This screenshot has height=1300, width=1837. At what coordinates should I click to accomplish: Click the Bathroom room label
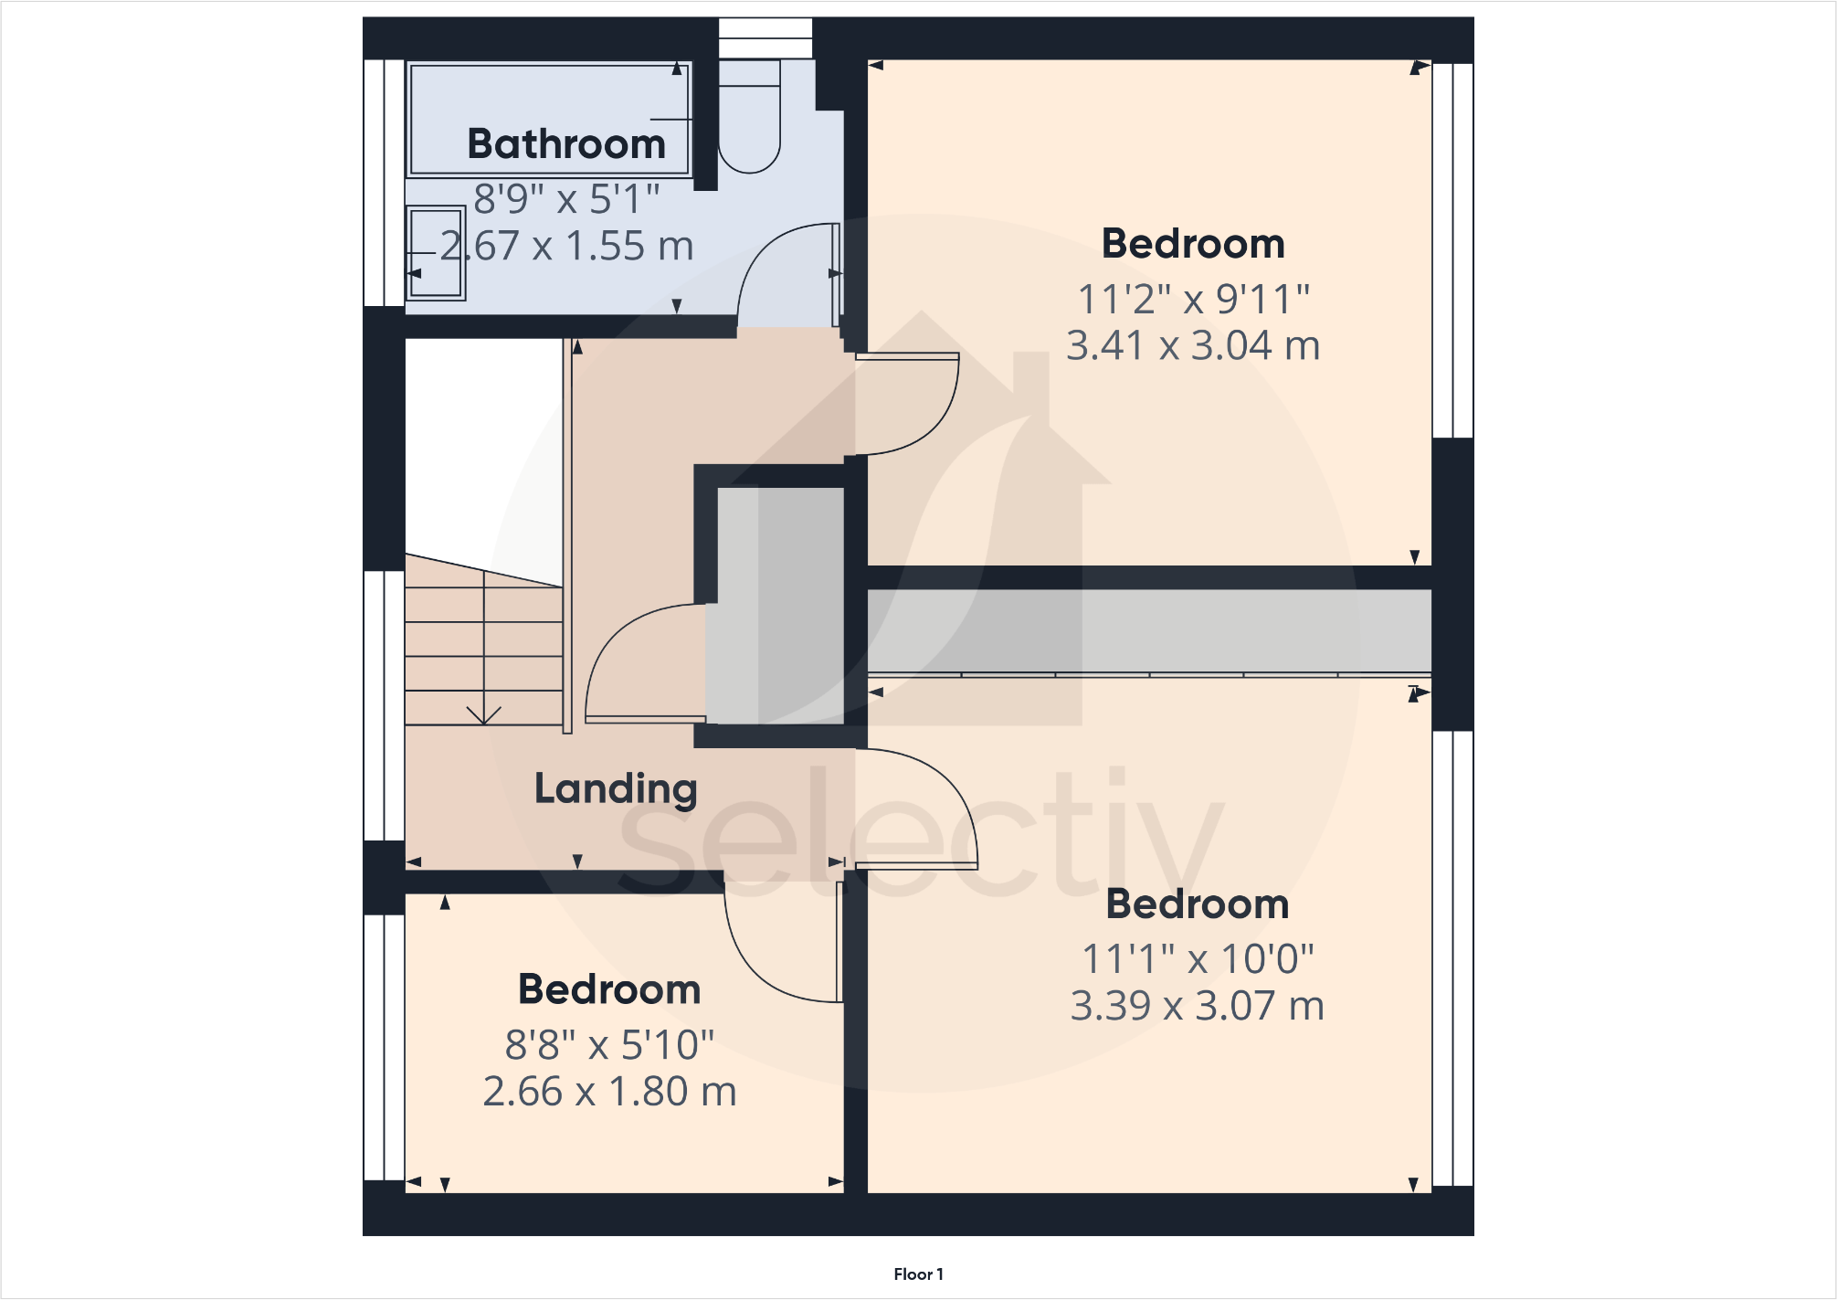(x=566, y=144)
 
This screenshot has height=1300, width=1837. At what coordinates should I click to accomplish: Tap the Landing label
(x=616, y=788)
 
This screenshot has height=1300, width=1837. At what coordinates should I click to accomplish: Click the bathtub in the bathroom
(x=549, y=100)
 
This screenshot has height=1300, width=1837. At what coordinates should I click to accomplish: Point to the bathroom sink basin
(x=436, y=253)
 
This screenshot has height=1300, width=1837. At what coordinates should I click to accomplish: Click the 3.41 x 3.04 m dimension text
(x=1193, y=346)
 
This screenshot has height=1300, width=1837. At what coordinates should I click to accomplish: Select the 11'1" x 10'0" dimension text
(x=1198, y=959)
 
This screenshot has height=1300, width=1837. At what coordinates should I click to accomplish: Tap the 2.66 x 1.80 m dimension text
(x=609, y=1092)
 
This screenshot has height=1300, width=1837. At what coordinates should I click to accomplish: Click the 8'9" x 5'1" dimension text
(x=566, y=199)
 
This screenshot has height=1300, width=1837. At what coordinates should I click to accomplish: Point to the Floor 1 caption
(x=918, y=1274)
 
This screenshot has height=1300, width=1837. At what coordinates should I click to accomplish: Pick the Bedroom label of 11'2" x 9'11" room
(x=1193, y=244)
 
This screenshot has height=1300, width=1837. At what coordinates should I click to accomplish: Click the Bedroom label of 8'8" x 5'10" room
(x=609, y=989)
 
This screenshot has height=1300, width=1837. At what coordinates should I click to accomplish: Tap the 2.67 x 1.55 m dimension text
(x=566, y=246)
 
